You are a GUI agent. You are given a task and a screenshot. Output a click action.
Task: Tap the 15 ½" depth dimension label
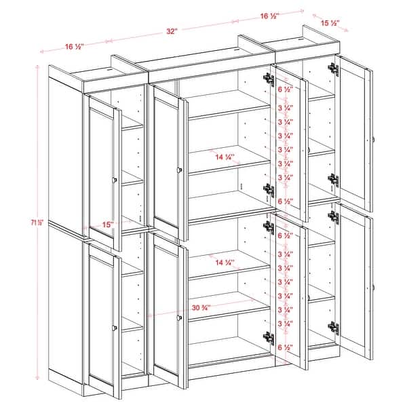pyautogui.click(x=330, y=24)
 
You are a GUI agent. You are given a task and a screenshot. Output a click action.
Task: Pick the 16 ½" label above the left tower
pyautogui.click(x=74, y=47)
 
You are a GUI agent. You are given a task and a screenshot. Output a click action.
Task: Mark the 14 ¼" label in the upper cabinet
pyautogui.click(x=224, y=157)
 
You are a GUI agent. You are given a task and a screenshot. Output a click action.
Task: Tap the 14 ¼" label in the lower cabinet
pyautogui.click(x=224, y=262)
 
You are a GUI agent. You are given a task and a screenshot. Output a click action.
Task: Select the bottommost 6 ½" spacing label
pyautogui.click(x=286, y=347)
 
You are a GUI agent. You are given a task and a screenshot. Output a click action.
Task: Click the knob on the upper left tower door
pyautogui.click(x=115, y=180)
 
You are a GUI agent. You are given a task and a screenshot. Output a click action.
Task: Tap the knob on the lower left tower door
pyautogui.click(x=114, y=329)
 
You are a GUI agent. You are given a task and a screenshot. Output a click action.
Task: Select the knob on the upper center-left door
pyautogui.click(x=180, y=170)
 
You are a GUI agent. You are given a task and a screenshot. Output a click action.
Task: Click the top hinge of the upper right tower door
pyautogui.click(x=332, y=69)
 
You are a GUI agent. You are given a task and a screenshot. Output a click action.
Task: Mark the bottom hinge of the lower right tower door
pyautogui.click(x=333, y=327)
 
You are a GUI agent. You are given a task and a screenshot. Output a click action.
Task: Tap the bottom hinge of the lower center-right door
pyautogui.click(x=269, y=336)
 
